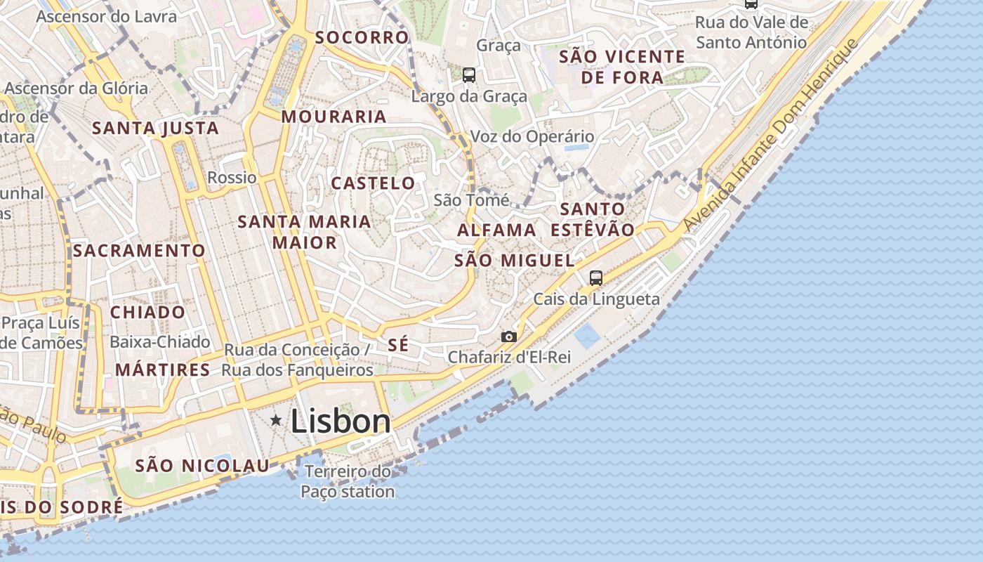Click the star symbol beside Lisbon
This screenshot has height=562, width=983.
coord(277,421)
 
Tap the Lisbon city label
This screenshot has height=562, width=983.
coord(341,421)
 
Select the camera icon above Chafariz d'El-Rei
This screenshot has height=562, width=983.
coord(509,337)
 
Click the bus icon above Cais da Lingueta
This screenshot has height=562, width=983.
coord(596,278)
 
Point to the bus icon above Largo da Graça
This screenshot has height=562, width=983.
coord(469,75)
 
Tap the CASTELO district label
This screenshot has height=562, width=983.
coord(373,183)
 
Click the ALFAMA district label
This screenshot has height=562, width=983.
coord(496,230)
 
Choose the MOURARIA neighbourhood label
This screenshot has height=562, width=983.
coord(334,117)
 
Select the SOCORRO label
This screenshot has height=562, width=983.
coord(362,37)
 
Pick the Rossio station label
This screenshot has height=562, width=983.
coord(232,178)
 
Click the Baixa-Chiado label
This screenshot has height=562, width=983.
coord(160,342)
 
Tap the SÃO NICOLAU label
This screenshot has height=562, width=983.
coord(202,465)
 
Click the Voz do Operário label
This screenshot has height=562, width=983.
coord(532,136)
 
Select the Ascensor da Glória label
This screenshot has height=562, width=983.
coord(76,89)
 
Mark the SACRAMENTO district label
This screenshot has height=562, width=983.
coord(139,250)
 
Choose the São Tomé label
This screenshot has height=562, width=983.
coord(471,200)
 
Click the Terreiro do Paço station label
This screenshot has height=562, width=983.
coord(348,481)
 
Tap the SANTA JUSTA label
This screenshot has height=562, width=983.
coord(155,128)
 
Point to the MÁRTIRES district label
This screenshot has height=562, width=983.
coord(162,370)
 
